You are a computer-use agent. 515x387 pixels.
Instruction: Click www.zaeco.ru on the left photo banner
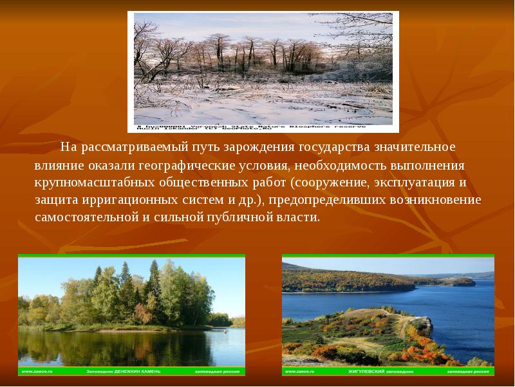tap(38, 372)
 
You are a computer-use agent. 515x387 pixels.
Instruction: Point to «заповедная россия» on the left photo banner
tap(219, 372)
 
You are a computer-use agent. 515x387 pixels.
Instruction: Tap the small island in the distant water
tap(463, 282)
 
